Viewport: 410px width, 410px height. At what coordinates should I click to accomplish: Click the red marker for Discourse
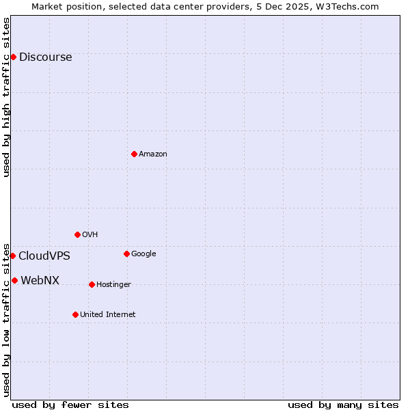13,57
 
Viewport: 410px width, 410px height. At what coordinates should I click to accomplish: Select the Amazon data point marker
134,154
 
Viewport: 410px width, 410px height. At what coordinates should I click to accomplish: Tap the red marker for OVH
77,234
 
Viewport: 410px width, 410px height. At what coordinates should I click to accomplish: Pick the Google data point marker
126,254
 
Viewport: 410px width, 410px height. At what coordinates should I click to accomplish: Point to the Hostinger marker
92,284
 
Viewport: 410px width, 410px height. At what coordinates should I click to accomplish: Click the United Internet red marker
75,314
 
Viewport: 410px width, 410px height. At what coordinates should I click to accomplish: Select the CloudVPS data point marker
12,256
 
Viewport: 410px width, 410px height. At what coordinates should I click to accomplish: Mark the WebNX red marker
14,280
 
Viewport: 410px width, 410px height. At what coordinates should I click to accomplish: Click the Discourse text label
45,57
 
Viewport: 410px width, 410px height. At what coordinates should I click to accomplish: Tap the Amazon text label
152,154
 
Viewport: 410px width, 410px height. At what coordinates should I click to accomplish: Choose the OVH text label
90,235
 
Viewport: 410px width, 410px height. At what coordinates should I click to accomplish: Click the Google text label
143,254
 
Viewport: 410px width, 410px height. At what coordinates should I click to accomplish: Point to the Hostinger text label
113,285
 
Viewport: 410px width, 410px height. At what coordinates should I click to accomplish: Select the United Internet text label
107,315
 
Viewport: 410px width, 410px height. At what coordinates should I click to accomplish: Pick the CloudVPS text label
44,256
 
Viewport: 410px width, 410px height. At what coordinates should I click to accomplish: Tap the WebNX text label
40,281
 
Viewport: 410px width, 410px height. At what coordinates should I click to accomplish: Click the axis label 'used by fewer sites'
70,405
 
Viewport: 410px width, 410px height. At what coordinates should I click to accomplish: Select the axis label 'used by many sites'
343,405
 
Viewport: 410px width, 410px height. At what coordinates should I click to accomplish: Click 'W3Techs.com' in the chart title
352,6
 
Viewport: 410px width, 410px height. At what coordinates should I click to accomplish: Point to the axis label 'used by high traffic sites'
6,97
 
